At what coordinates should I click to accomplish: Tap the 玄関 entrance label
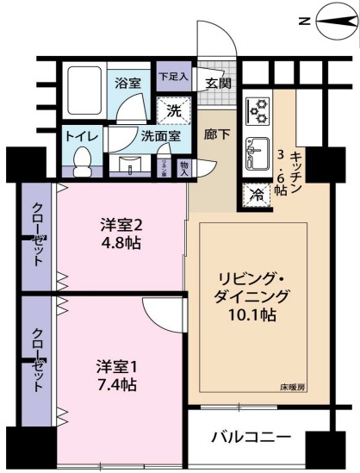tap(218, 84)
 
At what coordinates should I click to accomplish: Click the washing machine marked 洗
tap(174, 110)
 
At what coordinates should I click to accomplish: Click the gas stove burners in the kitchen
tap(258, 109)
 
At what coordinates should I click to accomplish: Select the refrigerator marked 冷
tap(256, 195)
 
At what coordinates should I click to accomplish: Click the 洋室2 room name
tap(120, 225)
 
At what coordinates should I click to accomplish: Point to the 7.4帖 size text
tap(116, 384)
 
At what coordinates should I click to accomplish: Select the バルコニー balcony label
tap(251, 438)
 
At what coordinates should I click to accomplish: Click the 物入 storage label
tap(184, 166)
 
